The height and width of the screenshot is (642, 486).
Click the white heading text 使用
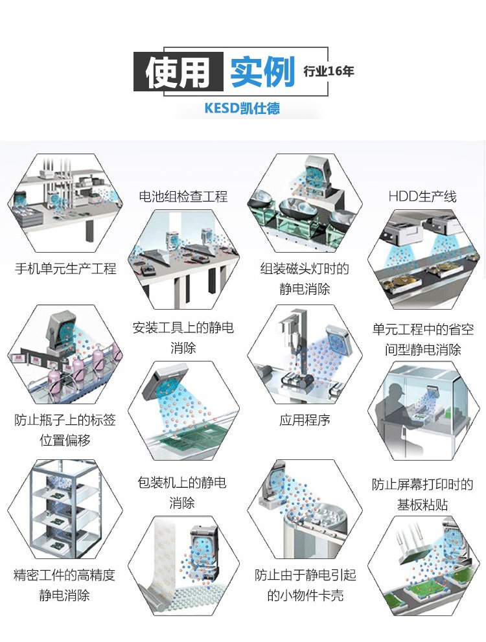(x=178, y=72)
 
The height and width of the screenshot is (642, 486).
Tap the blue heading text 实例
(x=262, y=72)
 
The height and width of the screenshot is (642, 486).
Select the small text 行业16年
(x=329, y=71)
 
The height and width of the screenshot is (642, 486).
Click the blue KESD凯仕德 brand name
(x=242, y=108)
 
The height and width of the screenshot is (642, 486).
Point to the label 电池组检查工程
(x=183, y=196)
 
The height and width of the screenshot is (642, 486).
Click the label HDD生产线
(x=422, y=196)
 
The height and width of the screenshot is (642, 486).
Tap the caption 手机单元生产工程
(x=65, y=269)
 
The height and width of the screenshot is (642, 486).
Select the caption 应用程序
(x=305, y=420)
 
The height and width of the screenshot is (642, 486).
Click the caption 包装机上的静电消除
(x=182, y=492)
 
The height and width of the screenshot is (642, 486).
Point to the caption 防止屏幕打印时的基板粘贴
(x=422, y=494)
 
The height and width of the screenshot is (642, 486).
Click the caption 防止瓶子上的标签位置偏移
(x=65, y=430)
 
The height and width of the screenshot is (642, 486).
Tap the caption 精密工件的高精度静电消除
(x=64, y=585)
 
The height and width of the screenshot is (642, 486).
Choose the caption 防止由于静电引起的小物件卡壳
(x=305, y=585)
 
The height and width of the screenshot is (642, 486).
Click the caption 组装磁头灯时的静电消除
(x=305, y=279)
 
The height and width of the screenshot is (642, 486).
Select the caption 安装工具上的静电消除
(x=183, y=338)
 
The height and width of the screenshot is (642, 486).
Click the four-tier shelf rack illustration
(x=65, y=509)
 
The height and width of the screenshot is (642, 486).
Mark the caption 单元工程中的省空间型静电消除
(x=422, y=339)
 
